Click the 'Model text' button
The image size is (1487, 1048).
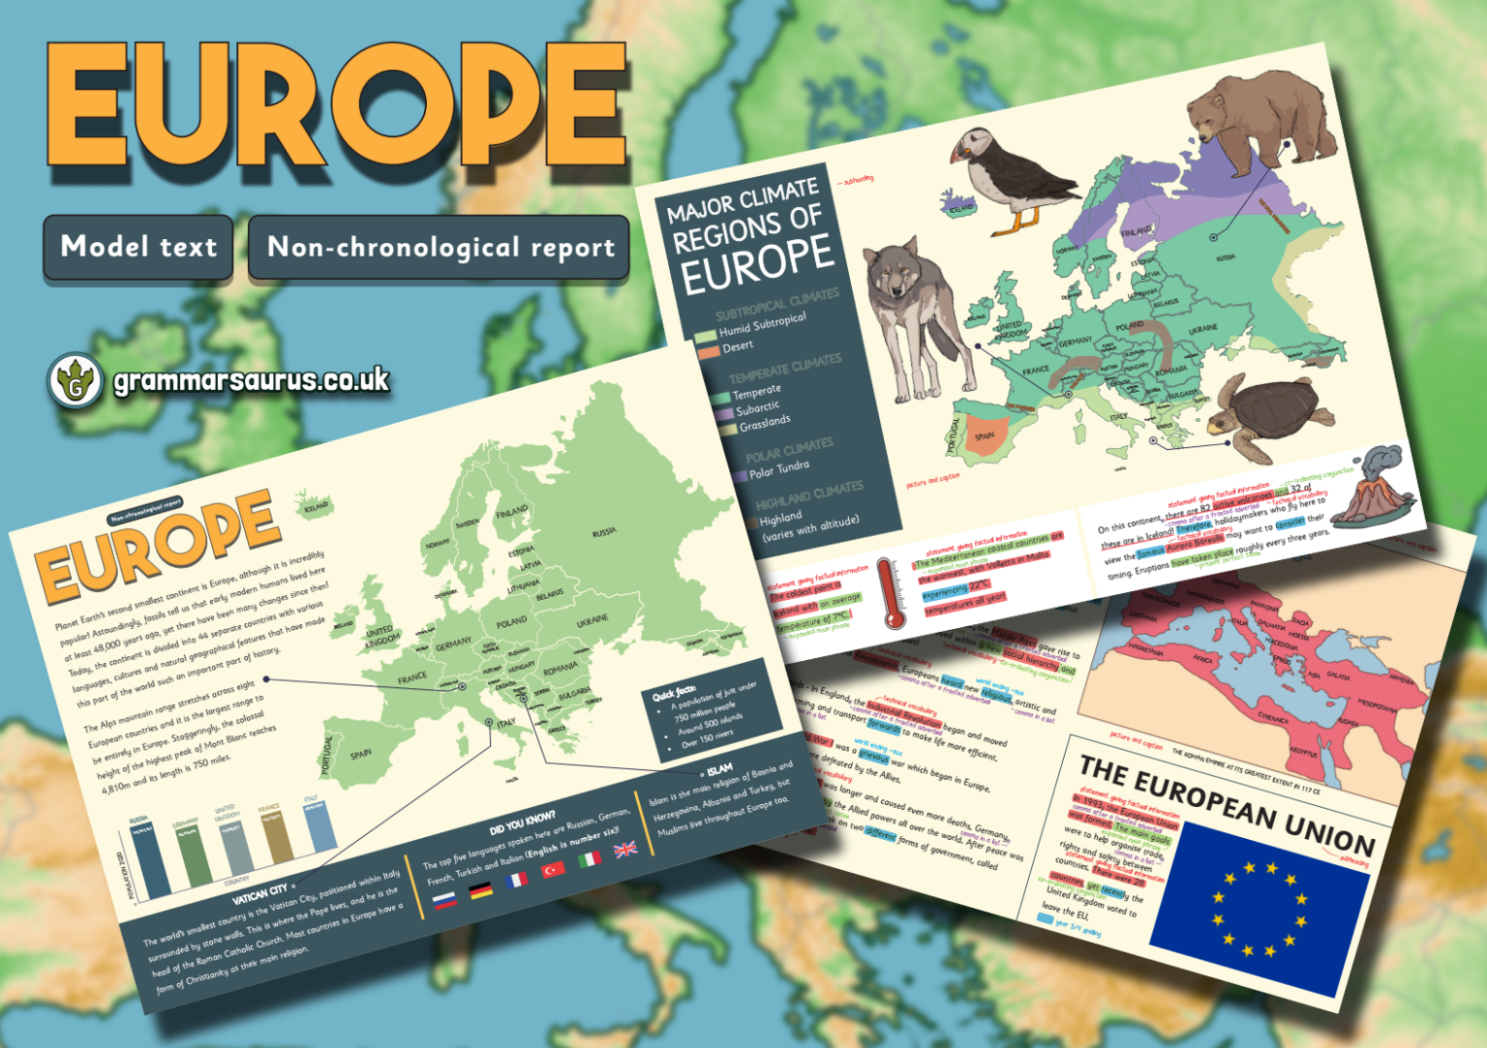pyautogui.click(x=138, y=247)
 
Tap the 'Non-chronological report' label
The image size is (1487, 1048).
pyautogui.click(x=440, y=248)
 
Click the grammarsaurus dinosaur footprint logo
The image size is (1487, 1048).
pyautogui.click(x=75, y=380)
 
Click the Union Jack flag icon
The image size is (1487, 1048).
pyautogui.click(x=625, y=850)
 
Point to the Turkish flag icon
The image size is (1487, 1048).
pyautogui.click(x=553, y=869)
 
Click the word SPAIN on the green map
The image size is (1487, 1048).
pyautogui.click(x=361, y=754)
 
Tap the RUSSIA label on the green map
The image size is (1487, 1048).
pyautogui.click(x=604, y=532)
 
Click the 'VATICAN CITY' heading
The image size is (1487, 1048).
pyautogui.click(x=259, y=893)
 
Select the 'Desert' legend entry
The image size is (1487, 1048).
pyautogui.click(x=737, y=346)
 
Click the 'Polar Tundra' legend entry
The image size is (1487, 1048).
pyautogui.click(x=778, y=469)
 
